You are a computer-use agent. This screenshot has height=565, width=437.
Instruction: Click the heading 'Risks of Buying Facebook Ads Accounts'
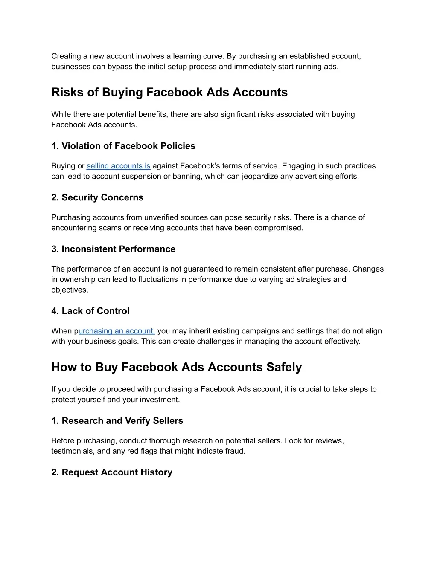169,93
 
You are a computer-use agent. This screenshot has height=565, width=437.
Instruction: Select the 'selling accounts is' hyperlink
118,166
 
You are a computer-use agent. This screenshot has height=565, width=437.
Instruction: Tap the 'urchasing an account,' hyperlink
117,331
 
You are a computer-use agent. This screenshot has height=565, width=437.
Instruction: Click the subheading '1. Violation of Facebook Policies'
123,146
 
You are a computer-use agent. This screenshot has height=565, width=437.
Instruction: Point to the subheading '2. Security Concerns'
97,197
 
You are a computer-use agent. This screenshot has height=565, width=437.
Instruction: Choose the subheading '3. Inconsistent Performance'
113,249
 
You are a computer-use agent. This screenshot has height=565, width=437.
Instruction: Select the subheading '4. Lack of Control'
90,311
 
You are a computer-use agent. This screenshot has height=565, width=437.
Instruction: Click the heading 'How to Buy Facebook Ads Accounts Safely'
176,367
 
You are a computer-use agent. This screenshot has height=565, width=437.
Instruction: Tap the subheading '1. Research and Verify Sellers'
117,421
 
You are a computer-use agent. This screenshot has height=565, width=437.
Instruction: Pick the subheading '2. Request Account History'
112,472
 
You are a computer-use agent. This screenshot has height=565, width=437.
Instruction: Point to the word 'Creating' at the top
66,56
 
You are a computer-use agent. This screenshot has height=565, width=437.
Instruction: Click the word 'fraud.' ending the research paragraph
236,451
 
